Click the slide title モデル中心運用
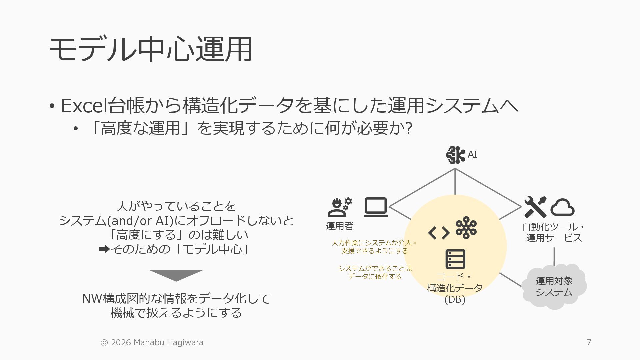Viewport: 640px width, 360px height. tap(151, 49)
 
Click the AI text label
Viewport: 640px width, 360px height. tap(472, 155)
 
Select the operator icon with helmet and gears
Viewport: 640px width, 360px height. tap(340, 207)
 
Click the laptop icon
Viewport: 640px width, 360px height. tap(376, 207)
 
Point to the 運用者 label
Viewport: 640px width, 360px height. tap(339, 226)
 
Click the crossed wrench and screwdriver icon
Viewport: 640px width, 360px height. tap(535, 207)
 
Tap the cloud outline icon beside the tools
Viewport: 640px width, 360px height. tap(562, 207)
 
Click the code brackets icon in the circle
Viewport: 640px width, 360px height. tap(439, 233)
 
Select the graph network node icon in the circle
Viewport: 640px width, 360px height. tap(466, 228)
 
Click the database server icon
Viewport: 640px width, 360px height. tap(455, 259)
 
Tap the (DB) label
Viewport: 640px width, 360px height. tap(455, 299)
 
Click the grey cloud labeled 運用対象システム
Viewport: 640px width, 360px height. tap(554, 287)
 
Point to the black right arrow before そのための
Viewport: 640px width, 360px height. tap(104, 249)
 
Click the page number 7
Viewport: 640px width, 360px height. tap(589, 342)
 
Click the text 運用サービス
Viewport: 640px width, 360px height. tap(554, 238)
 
